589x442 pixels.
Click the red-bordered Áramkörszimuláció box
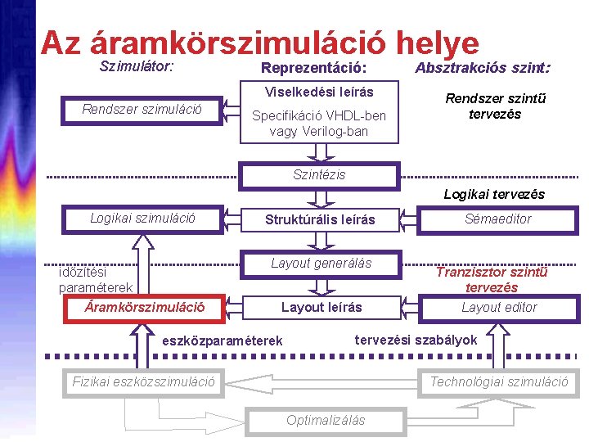(x=145, y=309)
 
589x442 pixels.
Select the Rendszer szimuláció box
(x=142, y=109)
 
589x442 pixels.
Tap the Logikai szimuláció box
(x=142, y=219)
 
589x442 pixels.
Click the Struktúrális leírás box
(x=320, y=219)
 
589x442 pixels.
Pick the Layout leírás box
(x=321, y=308)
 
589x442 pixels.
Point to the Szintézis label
(x=319, y=174)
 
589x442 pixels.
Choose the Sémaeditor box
(x=497, y=219)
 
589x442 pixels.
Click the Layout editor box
(x=498, y=308)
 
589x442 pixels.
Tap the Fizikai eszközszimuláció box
(x=144, y=381)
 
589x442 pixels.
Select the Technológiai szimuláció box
(x=499, y=381)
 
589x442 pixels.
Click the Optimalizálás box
(x=326, y=420)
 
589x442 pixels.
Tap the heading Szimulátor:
(x=136, y=62)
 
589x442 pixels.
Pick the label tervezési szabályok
(x=416, y=339)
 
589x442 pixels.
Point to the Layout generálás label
(x=321, y=264)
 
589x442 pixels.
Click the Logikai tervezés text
(x=493, y=195)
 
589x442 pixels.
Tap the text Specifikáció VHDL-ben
(x=318, y=115)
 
